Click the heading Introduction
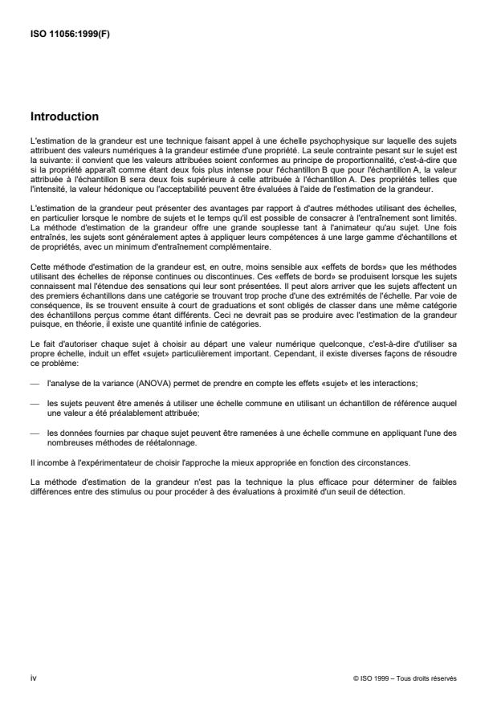point(63,116)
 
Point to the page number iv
point(33,678)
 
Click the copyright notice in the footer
point(405,678)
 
